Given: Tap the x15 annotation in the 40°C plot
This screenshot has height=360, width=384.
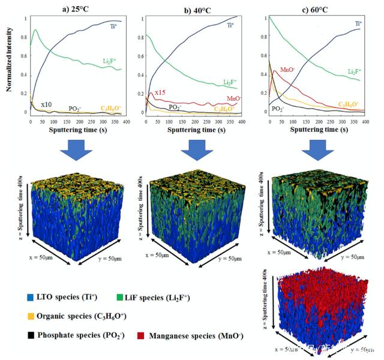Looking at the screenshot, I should coord(160,92).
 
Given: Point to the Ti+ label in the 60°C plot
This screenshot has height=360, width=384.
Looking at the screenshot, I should coord(358,24).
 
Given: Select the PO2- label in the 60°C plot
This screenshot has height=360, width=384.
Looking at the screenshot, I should coord(278,109).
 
